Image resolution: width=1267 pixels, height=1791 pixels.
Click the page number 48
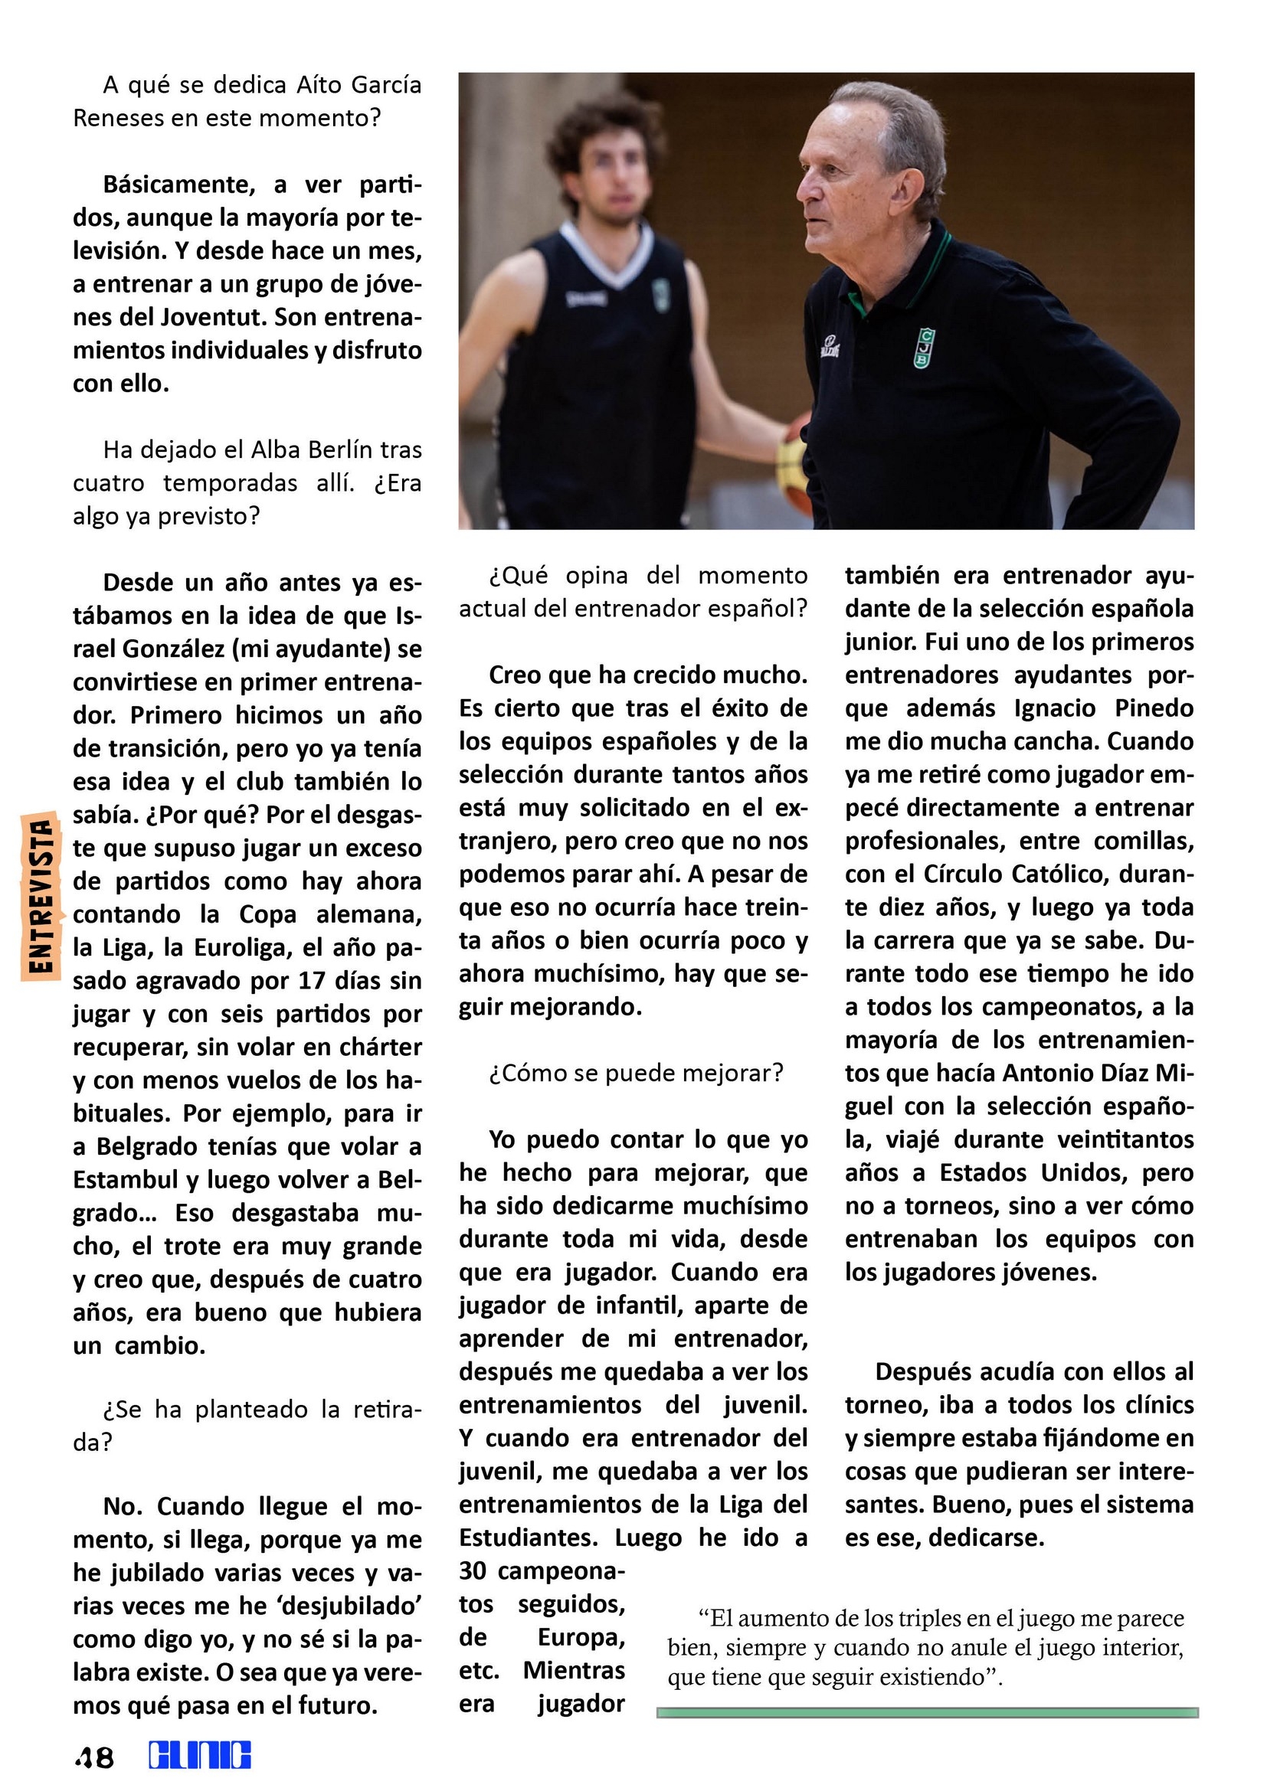(x=94, y=1758)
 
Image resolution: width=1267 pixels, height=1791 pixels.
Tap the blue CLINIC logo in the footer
(x=200, y=1756)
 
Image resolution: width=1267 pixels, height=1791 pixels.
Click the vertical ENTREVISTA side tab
(x=41, y=896)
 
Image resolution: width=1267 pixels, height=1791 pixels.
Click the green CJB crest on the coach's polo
(x=924, y=348)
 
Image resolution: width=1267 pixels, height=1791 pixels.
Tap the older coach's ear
(x=911, y=191)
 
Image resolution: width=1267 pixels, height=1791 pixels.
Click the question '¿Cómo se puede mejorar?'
(x=636, y=1074)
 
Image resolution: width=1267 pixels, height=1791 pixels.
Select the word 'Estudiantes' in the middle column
(x=529, y=1538)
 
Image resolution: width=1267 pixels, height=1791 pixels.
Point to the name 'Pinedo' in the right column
(x=1154, y=708)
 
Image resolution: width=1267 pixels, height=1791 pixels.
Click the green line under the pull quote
(x=927, y=1713)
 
